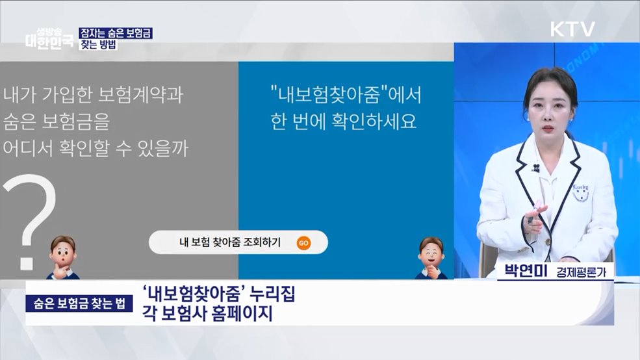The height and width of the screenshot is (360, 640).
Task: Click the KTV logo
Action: (572, 29)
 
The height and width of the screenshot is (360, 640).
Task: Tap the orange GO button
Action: (303, 243)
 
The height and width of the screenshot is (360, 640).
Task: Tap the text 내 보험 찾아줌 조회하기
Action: (230, 243)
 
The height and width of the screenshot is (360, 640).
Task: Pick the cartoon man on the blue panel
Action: (429, 256)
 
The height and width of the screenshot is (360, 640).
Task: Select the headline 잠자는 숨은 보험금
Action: (116, 32)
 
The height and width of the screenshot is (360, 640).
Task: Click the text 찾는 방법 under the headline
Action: (99, 45)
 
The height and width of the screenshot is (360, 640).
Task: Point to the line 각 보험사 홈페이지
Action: (208, 315)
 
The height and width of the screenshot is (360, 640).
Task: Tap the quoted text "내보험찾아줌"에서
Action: (346, 95)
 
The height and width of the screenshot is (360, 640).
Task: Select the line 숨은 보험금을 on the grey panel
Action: (57, 122)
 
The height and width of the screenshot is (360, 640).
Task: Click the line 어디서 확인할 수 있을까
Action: (96, 149)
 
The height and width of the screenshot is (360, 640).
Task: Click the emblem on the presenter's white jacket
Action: (580, 192)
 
